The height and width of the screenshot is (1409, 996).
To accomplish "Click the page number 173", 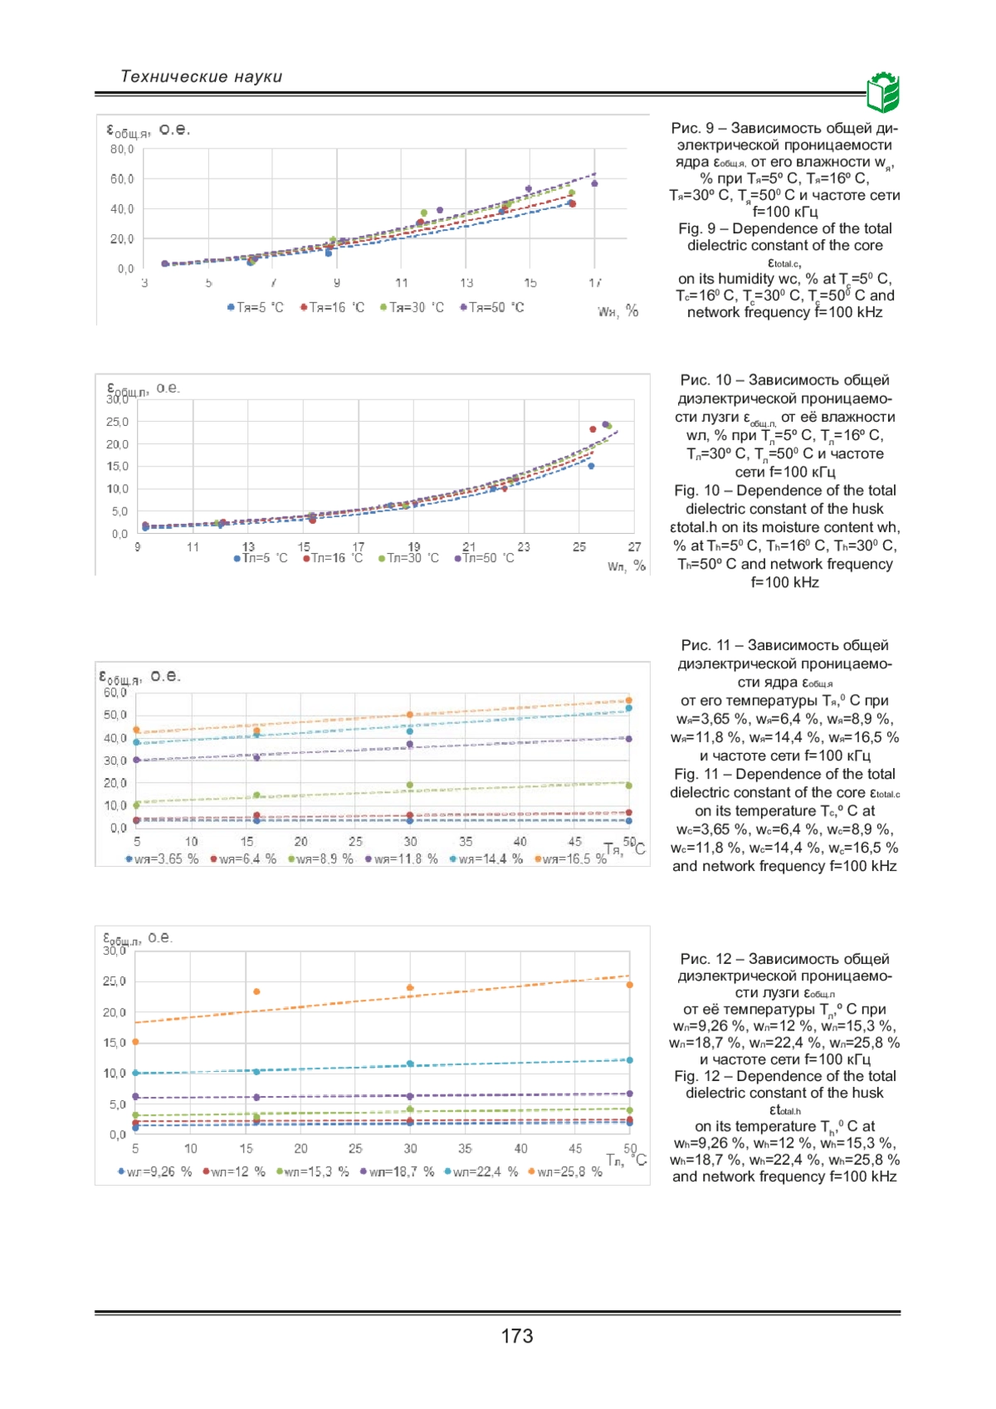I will click(516, 1336).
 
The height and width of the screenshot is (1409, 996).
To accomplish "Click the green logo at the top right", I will click(882, 92).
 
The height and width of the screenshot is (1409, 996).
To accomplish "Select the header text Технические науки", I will click(202, 76).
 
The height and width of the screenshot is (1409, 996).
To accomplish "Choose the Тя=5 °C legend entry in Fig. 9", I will click(255, 307).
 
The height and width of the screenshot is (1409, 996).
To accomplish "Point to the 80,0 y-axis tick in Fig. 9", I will click(122, 149).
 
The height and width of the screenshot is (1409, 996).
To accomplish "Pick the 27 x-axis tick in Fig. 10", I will click(634, 547).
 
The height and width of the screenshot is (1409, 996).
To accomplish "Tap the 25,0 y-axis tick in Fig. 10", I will click(117, 422).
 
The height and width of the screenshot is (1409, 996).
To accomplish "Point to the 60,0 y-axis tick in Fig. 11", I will click(115, 692).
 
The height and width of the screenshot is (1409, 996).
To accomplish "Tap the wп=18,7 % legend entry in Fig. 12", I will click(397, 1172).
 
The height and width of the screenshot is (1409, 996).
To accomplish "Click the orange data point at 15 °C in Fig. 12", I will click(256, 991).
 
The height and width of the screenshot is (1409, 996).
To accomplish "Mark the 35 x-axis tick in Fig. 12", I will click(465, 1148).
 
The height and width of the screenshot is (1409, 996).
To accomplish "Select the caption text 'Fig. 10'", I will click(696, 491).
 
